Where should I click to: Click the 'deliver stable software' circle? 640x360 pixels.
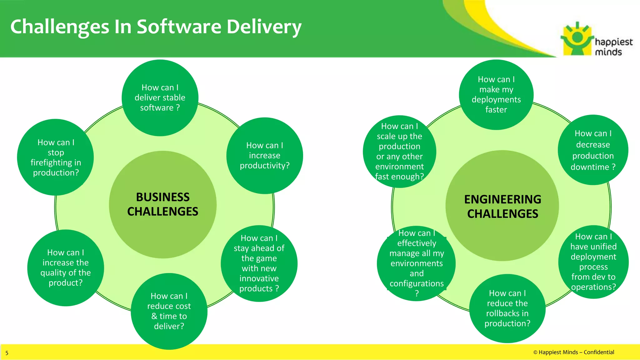[x=160, y=98]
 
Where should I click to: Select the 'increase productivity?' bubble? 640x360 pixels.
[x=264, y=156]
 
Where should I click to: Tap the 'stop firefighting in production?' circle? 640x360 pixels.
[x=56, y=157]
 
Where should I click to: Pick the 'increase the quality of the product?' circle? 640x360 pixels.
[x=65, y=268]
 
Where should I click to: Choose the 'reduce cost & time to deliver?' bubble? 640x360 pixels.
[x=169, y=311]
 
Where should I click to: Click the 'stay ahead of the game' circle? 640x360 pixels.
[x=259, y=263]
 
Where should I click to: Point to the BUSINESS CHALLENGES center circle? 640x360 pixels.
[x=162, y=205]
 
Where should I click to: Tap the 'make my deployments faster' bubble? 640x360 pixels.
[x=496, y=95]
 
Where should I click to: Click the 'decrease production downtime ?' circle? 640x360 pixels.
[x=593, y=150]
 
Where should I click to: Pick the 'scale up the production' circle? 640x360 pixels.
[x=399, y=152]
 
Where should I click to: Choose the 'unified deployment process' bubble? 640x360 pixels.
[x=593, y=262]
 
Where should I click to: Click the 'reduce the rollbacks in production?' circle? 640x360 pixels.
[x=507, y=308]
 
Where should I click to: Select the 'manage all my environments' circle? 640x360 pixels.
[x=416, y=263]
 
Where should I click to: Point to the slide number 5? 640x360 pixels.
[x=7, y=353]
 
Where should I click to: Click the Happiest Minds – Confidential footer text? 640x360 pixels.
[x=573, y=352]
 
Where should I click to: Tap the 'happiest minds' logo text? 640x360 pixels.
[x=613, y=47]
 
